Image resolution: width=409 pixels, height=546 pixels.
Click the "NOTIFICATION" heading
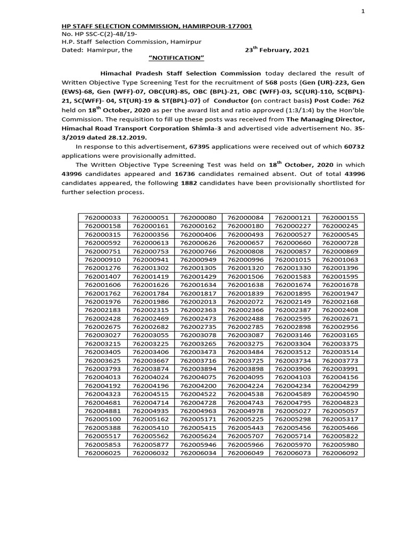point(176,58)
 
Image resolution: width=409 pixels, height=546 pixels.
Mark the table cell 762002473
point(198,318)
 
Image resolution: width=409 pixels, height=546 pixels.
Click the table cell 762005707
point(245,436)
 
